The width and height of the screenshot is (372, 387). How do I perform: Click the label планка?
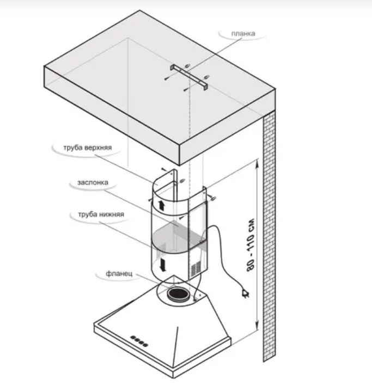click(243, 34)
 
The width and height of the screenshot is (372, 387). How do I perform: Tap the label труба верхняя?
click(88, 148)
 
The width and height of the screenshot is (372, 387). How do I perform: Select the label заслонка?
click(93, 183)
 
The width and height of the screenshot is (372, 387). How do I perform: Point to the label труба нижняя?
click(101, 214)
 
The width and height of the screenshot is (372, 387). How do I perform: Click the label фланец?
click(119, 273)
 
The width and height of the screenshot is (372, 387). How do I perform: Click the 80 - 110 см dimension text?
click(251, 245)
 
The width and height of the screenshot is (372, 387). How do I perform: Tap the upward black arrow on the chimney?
click(162, 205)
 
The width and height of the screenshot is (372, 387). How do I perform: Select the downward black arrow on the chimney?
click(163, 265)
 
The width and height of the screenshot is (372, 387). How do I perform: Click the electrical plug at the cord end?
click(245, 294)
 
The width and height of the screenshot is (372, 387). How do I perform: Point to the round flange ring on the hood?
click(178, 294)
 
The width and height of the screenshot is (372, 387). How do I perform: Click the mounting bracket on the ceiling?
click(188, 77)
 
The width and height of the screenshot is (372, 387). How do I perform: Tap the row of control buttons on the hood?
click(139, 341)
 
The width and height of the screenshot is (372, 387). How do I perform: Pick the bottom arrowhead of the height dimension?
click(258, 325)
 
